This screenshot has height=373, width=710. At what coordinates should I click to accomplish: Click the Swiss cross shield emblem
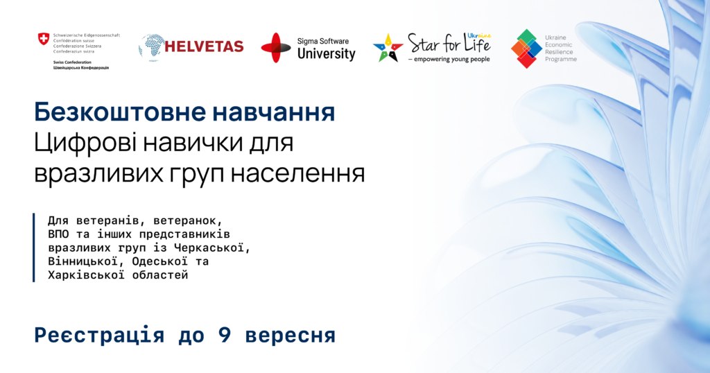coord(44,38)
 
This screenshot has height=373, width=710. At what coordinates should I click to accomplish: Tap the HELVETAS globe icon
coord(151,46)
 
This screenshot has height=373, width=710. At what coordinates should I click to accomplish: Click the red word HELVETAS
coord(204,46)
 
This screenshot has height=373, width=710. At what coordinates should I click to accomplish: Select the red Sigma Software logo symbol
coord(276,48)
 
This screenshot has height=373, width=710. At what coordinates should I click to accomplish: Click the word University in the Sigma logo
coord(327,54)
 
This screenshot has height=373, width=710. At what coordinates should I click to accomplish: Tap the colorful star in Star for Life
coord(388,48)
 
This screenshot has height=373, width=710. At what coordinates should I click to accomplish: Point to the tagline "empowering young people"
coord(452,60)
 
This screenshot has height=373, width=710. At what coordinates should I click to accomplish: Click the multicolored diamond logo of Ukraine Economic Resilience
coord(526,49)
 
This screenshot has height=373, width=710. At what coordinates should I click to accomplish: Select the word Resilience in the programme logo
coord(559,52)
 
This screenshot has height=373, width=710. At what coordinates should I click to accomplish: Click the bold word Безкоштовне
coord(120,112)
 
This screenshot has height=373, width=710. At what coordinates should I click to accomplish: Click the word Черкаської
coord(212,248)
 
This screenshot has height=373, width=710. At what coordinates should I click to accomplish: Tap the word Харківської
coord(86,275)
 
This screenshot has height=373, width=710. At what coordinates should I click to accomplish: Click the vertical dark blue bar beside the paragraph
coord(33,248)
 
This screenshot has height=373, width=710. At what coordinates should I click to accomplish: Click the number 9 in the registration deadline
coord(225,336)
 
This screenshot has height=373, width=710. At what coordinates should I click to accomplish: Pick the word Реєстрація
coord(99,336)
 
